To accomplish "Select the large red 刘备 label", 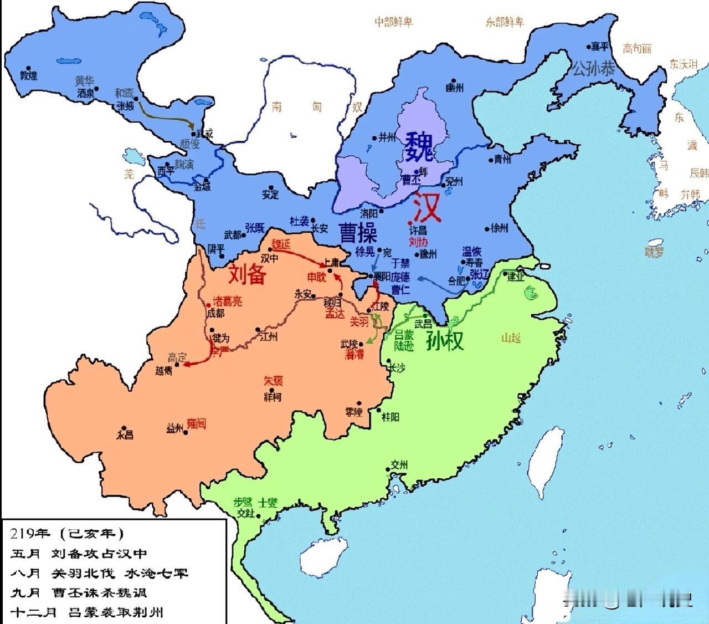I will tap(248, 273).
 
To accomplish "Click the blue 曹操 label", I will tap(358, 232).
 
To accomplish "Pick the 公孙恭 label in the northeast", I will tap(593, 69).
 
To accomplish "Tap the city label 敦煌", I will tap(28, 76).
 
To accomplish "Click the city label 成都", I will tap(215, 313).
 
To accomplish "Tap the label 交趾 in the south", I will tap(245, 514).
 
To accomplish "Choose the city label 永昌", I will tap(125, 434).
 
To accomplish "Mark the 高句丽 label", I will tap(637, 49).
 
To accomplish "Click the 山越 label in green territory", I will tap(511, 337).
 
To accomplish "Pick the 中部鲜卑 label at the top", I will tap(393, 22).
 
